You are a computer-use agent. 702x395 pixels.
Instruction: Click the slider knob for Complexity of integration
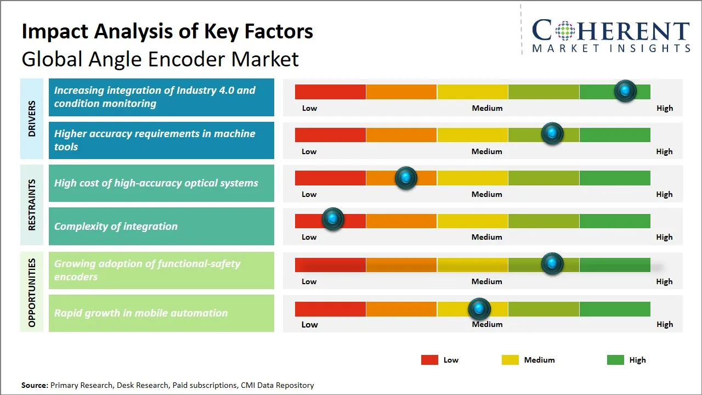pos(332,219)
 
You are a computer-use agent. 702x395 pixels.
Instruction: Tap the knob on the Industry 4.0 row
pos(625,91)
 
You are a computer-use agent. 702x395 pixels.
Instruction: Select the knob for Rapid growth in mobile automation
pos(480,309)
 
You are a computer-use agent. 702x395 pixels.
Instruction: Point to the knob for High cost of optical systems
pos(406,178)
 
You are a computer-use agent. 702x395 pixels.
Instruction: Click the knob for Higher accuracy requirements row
pos(552,133)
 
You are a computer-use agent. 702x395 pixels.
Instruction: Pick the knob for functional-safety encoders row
pos(552,264)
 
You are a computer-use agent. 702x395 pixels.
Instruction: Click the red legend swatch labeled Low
pos(429,360)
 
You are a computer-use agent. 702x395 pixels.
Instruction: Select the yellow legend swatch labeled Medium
pos(510,360)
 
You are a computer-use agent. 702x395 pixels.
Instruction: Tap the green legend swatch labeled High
pos(615,360)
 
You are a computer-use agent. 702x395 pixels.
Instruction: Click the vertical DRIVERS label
pos(32,119)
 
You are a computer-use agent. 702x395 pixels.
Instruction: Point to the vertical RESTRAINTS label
pos(32,205)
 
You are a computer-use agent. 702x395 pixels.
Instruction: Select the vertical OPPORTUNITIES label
pos(32,292)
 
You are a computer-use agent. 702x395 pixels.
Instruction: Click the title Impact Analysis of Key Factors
pos(167,31)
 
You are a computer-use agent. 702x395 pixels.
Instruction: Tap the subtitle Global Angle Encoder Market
pos(160,59)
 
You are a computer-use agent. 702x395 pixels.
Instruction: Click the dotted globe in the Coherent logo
pos(564,31)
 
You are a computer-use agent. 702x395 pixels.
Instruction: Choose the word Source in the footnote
pos(34,385)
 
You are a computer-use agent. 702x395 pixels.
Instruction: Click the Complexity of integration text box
pos(161,226)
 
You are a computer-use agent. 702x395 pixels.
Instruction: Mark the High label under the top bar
pos(664,108)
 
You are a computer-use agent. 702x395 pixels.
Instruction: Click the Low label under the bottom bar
pos(309,324)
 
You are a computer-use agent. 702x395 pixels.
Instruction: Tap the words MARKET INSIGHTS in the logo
pos(611,48)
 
